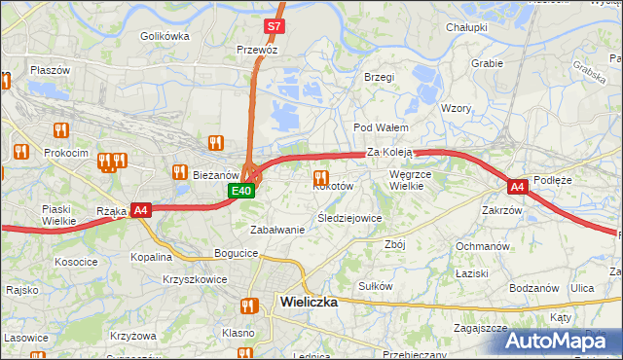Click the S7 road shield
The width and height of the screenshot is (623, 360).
click(x=274, y=26)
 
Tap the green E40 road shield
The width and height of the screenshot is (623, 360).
click(x=242, y=191)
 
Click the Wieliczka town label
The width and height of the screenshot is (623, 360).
click(x=308, y=302)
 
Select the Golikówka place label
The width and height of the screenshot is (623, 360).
click(x=165, y=36)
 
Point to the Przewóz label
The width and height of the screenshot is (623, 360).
click(x=257, y=50)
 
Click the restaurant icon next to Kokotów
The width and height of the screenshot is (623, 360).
click(x=319, y=177)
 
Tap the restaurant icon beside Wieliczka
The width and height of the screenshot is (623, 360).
click(x=247, y=306)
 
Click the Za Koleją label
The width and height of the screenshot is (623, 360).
click(x=391, y=153)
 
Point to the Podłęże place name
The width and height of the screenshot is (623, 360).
click(x=559, y=179)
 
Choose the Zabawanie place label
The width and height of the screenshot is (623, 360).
click(x=277, y=230)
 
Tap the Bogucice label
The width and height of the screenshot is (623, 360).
click(x=237, y=253)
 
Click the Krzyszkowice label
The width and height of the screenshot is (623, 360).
click(x=195, y=278)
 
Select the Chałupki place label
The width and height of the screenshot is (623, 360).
click(x=466, y=27)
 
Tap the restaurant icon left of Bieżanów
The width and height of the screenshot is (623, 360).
click(x=179, y=172)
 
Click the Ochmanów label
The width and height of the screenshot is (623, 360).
click(x=483, y=246)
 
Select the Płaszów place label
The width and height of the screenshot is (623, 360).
click(x=50, y=70)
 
